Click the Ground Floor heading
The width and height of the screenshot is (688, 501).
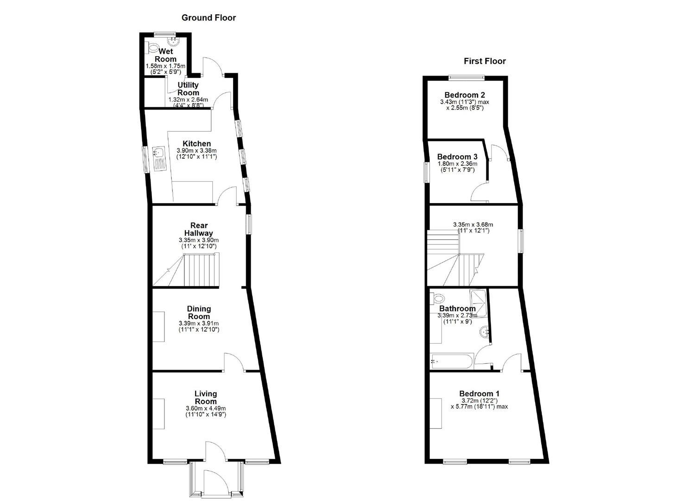[208, 18]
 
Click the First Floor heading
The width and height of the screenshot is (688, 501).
[485, 61]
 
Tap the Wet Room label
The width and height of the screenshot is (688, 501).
[165, 55]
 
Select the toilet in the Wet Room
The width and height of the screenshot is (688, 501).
[150, 48]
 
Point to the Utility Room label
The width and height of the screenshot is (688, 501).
[188, 89]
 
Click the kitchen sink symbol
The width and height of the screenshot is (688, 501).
[159, 157]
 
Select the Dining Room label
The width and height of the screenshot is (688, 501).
[199, 312]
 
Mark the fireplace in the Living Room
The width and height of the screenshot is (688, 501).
[159, 414]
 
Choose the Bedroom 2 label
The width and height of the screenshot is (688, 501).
[464, 95]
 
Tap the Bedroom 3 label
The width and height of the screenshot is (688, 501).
[457, 157]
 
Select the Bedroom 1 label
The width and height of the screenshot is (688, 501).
[479, 394]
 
